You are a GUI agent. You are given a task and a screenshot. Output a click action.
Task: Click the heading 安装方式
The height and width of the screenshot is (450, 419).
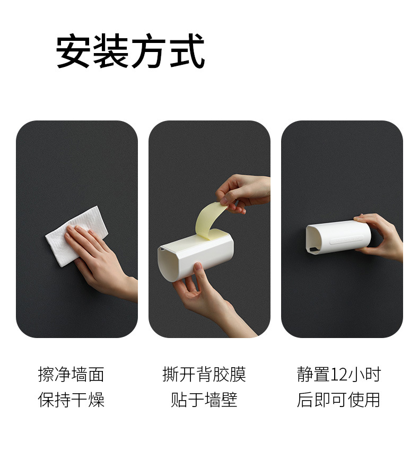click(130, 51)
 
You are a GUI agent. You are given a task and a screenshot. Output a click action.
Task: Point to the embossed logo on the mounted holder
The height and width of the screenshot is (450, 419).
click(346, 239)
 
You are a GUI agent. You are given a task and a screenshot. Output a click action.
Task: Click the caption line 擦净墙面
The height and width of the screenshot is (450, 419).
click(71, 374)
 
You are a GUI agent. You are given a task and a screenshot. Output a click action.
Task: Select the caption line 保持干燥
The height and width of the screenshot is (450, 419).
click(71, 400)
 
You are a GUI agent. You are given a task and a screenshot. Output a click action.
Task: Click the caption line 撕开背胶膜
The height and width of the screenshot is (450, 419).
click(204, 374)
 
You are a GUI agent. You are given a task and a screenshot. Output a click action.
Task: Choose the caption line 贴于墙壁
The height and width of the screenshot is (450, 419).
click(204, 400)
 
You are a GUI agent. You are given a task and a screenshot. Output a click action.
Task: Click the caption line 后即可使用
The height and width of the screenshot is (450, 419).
click(338, 400)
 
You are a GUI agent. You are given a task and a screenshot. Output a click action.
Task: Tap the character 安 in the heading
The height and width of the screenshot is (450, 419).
click(73, 51)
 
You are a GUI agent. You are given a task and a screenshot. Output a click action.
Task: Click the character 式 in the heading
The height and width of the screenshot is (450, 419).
click(187, 51)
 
